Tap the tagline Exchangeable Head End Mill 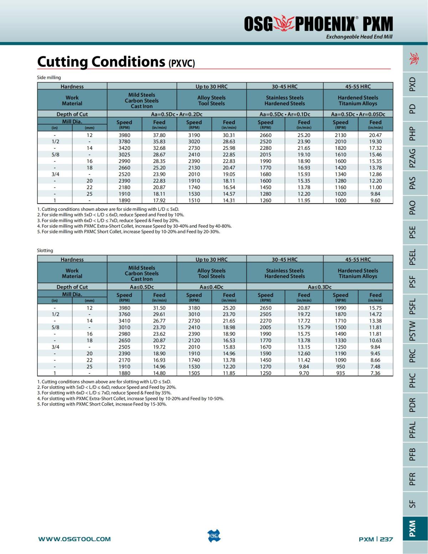[359, 37]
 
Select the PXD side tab [412, 84]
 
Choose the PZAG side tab [412, 158]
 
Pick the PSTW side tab [412, 331]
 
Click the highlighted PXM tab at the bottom [412, 528]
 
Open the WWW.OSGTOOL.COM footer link [75, 539]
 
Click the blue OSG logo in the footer [214, 536]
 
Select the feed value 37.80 [159, 135]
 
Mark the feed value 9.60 [375, 200]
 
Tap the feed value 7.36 [375, 373]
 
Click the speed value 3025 [124, 155]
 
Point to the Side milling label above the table [49, 77]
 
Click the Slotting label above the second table [45, 250]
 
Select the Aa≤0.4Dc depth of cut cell [212, 287]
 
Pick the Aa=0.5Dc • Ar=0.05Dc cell [358, 114]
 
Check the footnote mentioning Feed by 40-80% [134, 226]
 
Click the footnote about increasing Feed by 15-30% [102, 404]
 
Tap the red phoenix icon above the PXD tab [414, 58]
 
